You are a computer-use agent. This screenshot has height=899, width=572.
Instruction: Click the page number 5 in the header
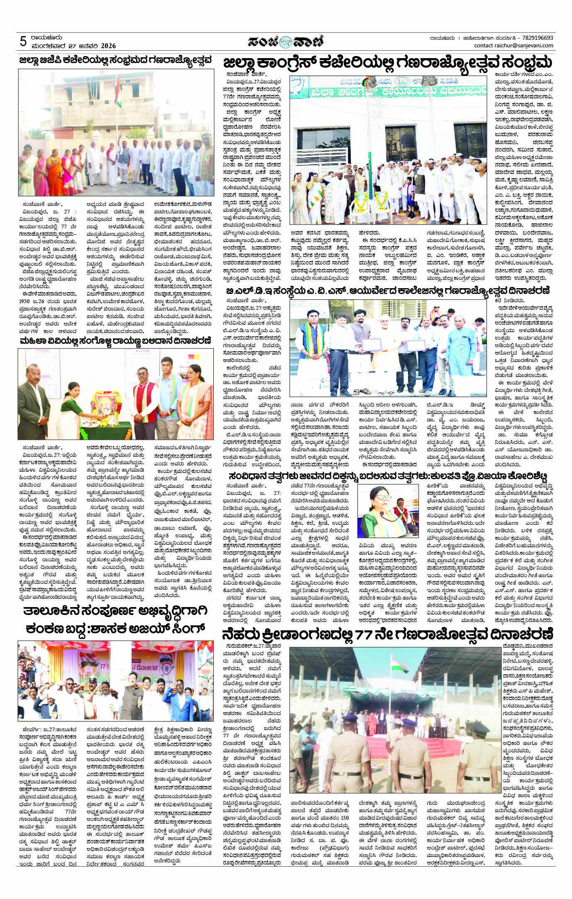[23, 41]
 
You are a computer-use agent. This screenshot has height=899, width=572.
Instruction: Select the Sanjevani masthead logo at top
[285, 42]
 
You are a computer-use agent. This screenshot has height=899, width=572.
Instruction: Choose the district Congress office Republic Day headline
[388, 63]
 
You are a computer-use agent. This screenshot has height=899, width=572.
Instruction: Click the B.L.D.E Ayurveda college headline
[388, 290]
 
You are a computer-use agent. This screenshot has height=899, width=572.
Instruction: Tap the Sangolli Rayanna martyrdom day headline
[115, 341]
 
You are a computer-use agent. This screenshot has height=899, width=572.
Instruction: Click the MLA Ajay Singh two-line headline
[115, 621]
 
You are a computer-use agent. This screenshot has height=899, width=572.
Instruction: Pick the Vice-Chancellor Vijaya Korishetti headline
[388, 475]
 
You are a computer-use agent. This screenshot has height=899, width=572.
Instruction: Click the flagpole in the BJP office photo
[117, 112]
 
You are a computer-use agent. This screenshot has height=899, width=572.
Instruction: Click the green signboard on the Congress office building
[388, 91]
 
